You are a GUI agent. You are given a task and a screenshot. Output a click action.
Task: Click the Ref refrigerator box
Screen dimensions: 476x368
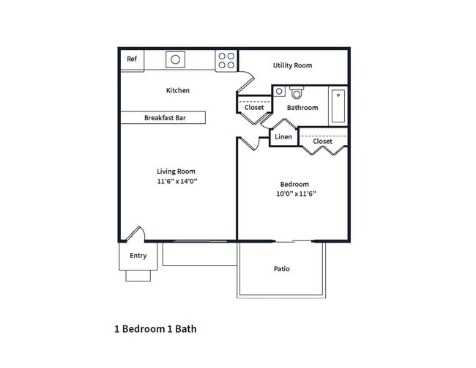click(x=133, y=60)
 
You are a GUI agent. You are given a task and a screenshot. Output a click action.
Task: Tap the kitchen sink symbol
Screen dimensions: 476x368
click(x=176, y=59)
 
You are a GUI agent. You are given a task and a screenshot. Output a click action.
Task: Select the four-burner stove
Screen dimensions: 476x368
click(x=226, y=60)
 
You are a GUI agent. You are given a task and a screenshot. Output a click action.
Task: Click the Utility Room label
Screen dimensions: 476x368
click(x=292, y=65)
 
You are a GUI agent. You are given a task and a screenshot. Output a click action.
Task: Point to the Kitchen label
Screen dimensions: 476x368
click(x=178, y=90)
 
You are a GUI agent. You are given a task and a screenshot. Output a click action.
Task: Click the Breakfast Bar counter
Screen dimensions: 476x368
click(x=163, y=117)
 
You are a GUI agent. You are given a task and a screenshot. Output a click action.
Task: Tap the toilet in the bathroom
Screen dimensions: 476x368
click(x=297, y=92)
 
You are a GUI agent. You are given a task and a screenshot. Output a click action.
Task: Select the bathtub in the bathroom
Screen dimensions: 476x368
click(x=338, y=106)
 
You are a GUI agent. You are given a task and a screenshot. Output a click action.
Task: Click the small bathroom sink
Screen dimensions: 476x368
click(x=279, y=91)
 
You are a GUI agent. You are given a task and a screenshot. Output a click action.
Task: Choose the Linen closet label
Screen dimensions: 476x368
click(x=283, y=137)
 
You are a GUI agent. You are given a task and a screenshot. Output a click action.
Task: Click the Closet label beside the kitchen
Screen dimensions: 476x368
click(x=254, y=108)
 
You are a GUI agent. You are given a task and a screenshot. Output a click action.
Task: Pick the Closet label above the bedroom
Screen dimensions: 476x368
click(x=322, y=141)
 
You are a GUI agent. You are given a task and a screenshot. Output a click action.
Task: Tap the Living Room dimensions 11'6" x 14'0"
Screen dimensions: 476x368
click(x=177, y=181)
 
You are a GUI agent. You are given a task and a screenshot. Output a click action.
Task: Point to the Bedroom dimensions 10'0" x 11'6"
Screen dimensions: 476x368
click(x=296, y=194)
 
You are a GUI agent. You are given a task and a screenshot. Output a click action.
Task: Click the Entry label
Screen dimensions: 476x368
click(x=138, y=256)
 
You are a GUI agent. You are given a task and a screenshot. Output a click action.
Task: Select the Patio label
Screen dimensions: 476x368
click(x=282, y=269)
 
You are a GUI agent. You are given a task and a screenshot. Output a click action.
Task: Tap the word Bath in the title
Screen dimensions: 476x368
click(x=186, y=329)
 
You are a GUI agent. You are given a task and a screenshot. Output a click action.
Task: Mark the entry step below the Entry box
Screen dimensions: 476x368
click(x=138, y=276)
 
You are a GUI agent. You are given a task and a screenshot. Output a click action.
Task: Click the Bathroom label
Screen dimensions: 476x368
click(x=302, y=108)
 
